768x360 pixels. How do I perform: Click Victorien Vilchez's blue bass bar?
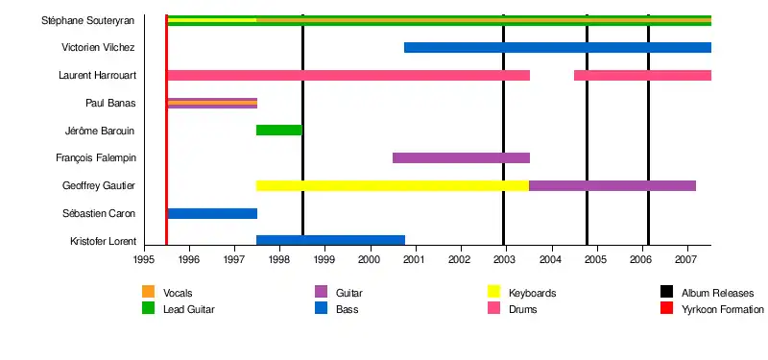pos(558,47)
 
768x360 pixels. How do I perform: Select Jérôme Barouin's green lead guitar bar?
pos(279,131)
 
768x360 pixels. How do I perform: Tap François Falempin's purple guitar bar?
pos(461,157)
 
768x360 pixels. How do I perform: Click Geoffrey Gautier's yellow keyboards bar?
pos(393,185)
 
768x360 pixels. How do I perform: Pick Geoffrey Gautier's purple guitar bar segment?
pos(612,185)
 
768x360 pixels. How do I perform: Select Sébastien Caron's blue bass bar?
pos(212,213)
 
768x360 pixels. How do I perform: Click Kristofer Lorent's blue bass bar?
pos(330,241)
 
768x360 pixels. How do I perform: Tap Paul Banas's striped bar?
pos(212,103)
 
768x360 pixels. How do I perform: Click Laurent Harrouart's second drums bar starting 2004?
pos(642,76)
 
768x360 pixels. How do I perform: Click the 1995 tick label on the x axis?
pos(144,258)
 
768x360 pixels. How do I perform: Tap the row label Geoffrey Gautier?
pos(99,185)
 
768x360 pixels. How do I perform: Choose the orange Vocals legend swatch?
pos(148,292)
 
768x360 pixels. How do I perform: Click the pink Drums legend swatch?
pos(493,308)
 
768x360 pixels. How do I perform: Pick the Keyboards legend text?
pos(533,294)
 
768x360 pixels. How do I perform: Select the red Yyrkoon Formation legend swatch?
pos(666,308)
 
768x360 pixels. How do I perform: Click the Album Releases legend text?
pos(717,294)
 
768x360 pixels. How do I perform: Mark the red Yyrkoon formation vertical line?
pos(166,130)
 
